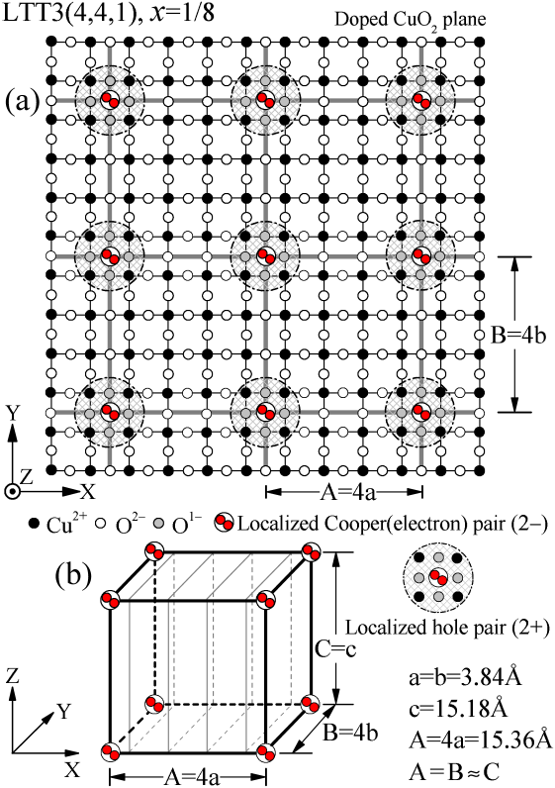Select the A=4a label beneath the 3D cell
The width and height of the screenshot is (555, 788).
193,772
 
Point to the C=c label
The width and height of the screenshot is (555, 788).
334,649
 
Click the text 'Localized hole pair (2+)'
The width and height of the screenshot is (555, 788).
447,627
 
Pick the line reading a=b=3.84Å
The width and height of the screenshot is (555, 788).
464,678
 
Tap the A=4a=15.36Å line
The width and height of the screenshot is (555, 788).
480,739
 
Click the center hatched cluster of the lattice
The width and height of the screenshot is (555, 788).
265,255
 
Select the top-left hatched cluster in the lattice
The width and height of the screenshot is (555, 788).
110,99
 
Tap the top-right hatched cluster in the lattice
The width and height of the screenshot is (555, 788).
421,99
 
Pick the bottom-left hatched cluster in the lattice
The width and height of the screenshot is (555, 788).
110,411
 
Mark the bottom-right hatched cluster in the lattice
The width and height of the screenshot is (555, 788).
421,411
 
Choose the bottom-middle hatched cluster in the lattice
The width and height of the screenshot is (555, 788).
265,411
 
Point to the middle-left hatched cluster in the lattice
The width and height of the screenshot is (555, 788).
110,255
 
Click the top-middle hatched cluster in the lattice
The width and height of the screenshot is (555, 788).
265,99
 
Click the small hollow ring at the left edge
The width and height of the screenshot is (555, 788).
13,490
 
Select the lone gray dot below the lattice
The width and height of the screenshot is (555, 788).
158,522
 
